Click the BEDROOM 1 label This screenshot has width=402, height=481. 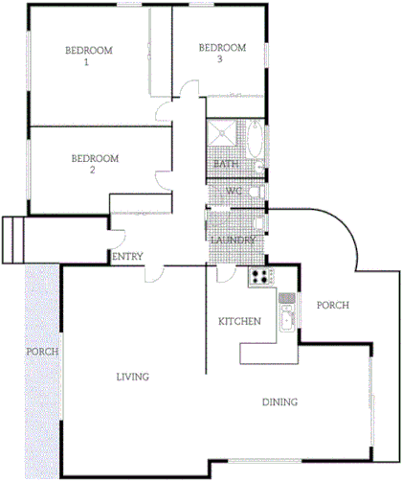(89, 56)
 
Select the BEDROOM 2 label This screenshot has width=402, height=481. (95, 164)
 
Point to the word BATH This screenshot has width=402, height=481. (226, 164)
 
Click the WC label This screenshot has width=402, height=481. (233, 192)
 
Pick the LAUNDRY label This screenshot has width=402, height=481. (233, 240)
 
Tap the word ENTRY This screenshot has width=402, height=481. (127, 258)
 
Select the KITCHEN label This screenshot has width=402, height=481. (239, 321)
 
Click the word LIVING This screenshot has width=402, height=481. (132, 377)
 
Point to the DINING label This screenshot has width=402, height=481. (279, 402)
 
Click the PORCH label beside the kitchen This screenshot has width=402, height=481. (332, 306)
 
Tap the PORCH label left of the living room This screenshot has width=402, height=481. (43, 352)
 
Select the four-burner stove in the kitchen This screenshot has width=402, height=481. (260, 278)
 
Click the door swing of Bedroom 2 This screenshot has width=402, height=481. (163, 177)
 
